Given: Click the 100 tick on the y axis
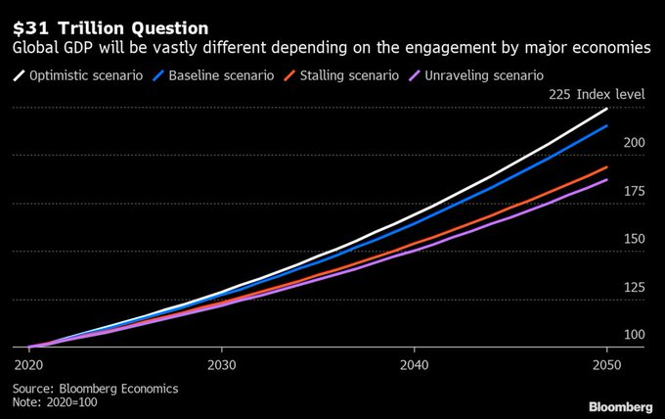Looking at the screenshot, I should pyautogui.click(x=634, y=335).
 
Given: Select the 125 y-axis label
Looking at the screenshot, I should pyautogui.click(x=634, y=287).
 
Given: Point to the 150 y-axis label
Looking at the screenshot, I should pyautogui.click(x=634, y=239).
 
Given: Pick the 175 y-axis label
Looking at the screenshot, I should pyautogui.click(x=634, y=191).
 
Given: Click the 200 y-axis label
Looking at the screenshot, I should pyautogui.click(x=634, y=143).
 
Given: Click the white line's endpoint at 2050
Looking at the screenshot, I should pyautogui.click(x=607, y=108).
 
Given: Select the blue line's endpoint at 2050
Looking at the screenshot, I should pyautogui.click(x=607, y=125).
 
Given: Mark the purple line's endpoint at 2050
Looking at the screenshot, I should pyautogui.click(x=607, y=179).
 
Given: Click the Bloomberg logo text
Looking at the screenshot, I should pyautogui.click(x=619, y=406).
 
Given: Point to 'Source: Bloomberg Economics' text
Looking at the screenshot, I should pyautogui.click(x=95, y=389).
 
